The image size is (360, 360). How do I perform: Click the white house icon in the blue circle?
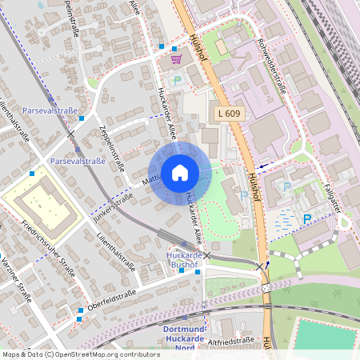tap(179, 172)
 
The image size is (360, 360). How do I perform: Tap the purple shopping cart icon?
tap(176, 58)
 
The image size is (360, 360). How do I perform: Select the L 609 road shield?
tap(229, 115)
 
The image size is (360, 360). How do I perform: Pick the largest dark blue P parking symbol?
tap(306, 218)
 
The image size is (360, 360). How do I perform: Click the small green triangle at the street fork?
tap(94, 82)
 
